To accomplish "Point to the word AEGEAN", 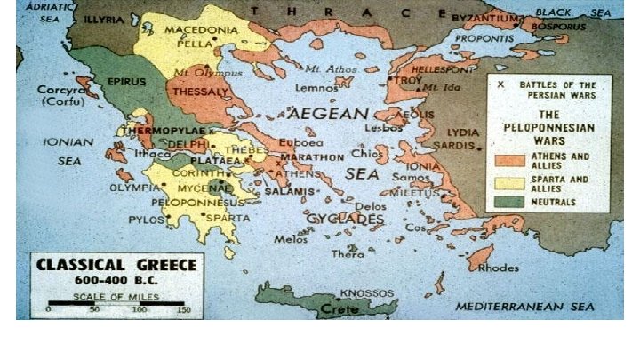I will click(326, 114).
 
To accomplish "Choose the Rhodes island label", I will click(499, 267).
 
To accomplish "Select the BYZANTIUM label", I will click(484, 18).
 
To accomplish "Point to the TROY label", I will click(408, 80).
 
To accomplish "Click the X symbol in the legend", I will click(501, 84).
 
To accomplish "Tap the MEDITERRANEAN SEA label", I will click(524, 307).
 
